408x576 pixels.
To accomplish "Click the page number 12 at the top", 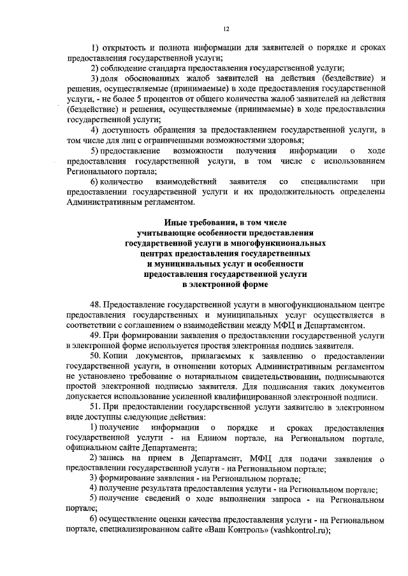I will [226, 28].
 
